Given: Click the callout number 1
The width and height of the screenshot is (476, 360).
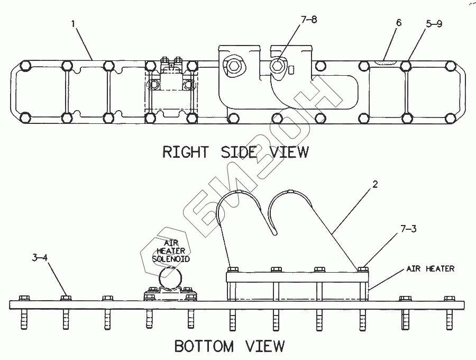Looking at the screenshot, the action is click(73, 24).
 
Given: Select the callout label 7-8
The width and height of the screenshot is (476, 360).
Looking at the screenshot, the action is click(309, 20).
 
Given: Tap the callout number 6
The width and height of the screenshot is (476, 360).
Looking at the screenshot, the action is click(399, 23).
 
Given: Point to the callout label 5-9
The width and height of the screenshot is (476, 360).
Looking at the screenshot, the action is click(434, 24).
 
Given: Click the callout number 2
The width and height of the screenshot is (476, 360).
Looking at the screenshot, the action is click(375, 184).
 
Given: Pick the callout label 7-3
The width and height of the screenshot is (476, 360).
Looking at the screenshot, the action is click(408, 229).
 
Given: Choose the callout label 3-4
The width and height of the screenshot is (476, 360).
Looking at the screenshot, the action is click(40, 258).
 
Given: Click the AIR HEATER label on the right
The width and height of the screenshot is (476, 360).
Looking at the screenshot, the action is click(431, 268).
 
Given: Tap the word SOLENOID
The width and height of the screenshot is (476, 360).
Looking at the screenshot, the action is click(171, 259).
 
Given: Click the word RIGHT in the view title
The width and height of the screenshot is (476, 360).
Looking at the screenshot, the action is click(186, 152).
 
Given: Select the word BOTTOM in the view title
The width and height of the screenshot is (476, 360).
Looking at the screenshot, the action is click(204, 346).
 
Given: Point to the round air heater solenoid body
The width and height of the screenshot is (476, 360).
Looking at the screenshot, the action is click(170, 278).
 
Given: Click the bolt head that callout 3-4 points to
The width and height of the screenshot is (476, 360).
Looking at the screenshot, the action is click(66, 298).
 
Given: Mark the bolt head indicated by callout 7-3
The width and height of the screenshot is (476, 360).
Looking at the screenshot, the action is click(363, 269).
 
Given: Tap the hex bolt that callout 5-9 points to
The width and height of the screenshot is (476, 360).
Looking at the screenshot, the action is click(406, 66).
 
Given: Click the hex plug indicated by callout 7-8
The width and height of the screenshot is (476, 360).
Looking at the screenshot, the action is click(277, 66).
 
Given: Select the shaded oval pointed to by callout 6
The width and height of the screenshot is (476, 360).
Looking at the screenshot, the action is click(386, 62).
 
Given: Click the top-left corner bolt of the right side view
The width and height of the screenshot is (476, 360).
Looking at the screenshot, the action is click(25, 66).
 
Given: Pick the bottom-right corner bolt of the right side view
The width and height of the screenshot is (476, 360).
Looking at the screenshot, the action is click(451, 118).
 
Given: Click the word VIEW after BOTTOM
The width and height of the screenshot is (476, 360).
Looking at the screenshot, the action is click(265, 346).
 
